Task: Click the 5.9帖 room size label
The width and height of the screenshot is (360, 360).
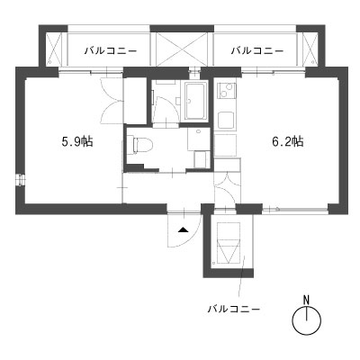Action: [x=77, y=141]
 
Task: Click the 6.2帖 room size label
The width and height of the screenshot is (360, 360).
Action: [x=288, y=141]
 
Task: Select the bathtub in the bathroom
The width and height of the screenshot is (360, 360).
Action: [x=195, y=101]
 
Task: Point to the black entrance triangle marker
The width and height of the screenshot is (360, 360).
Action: [x=183, y=230]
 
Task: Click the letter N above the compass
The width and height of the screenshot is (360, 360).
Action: [x=306, y=300]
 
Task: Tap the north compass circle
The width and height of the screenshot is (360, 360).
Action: [x=307, y=320]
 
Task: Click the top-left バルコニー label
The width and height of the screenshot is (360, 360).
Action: [x=111, y=50]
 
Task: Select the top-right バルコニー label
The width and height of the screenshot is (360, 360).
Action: [x=257, y=50]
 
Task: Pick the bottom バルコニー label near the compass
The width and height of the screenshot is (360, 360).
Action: [x=234, y=308]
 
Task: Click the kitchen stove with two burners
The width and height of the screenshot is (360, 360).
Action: [x=227, y=89]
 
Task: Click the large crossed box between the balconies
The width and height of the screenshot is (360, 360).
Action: [x=182, y=49]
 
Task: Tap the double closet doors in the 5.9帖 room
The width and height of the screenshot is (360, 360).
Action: [x=111, y=100]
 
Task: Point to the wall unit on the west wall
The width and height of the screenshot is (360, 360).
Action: [x=21, y=180]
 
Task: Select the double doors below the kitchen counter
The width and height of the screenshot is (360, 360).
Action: [x=227, y=189]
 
